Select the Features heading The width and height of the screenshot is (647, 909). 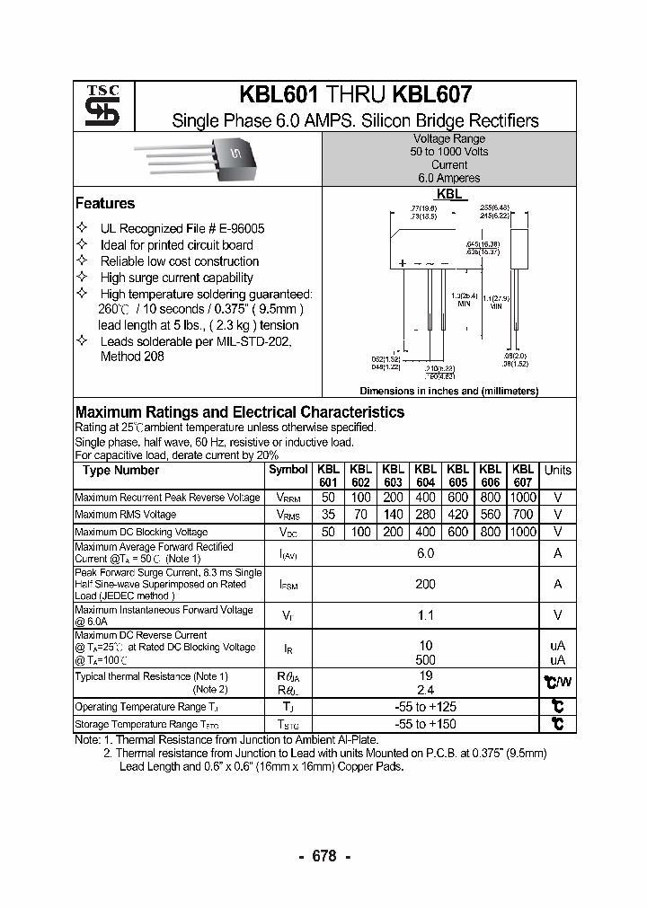coord(105,204)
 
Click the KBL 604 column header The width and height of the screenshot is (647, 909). coord(425,475)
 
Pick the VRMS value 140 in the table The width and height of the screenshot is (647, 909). coord(393,515)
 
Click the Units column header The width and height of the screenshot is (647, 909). coord(557,471)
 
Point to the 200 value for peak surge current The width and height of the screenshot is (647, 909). coord(425,584)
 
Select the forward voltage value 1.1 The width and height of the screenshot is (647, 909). coord(425,615)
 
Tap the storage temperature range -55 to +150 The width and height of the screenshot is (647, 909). coord(425,724)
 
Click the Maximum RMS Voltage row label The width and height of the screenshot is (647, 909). coord(126,515)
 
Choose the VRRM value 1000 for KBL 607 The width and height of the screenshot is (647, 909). coord(522,498)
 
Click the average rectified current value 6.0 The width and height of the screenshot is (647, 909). coord(425,554)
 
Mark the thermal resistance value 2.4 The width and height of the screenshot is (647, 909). coord(425,690)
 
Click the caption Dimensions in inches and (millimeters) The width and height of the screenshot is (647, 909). coord(448,392)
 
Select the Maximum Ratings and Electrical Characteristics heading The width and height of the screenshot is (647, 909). coord(239,412)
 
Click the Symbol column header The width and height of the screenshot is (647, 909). coord(288,471)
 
